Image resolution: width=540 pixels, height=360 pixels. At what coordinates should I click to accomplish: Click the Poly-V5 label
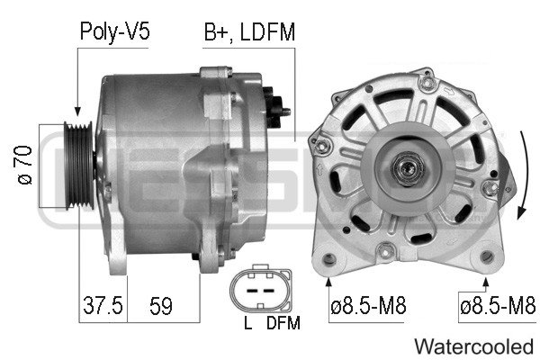(x=114, y=32)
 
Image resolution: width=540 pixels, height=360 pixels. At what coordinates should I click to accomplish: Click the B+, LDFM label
(x=249, y=32)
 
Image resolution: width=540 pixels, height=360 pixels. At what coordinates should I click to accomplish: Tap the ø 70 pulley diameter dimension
(x=24, y=165)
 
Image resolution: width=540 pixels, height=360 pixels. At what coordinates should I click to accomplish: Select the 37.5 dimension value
(x=103, y=305)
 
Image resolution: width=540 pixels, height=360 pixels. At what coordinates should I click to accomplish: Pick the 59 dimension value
(x=161, y=305)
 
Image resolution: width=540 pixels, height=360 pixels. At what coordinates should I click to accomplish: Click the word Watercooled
(x=474, y=346)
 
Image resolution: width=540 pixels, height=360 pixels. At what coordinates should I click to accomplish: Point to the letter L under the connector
(x=248, y=323)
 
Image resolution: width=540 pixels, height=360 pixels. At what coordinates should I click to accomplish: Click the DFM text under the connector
(x=283, y=323)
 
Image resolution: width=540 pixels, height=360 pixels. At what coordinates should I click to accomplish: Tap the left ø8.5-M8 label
(x=368, y=306)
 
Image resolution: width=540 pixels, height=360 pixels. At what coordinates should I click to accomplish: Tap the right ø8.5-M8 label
(x=498, y=306)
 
